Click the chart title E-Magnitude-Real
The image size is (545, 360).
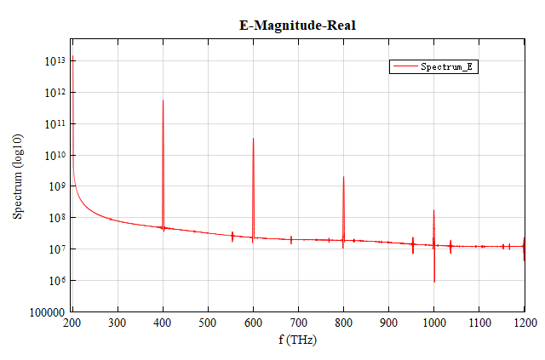[x=296, y=25]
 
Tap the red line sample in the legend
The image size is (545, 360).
[x=404, y=66]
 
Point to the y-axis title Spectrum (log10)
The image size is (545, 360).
[x=18, y=177]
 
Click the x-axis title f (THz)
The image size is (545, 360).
[x=298, y=339]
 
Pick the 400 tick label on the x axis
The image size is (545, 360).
[x=163, y=323]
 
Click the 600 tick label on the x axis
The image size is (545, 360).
[x=253, y=323]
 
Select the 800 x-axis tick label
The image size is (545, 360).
[x=343, y=323]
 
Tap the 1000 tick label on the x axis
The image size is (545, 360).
[x=433, y=323]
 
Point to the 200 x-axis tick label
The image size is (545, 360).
[x=73, y=323]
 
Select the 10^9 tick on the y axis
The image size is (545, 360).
[x=56, y=186]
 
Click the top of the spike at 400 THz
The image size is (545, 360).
[x=163, y=100]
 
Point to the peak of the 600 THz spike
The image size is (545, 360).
[x=253, y=138]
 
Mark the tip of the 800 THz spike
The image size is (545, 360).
[x=343, y=176]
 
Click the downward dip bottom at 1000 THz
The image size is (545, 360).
[x=434, y=282]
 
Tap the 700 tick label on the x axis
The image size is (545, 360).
[x=298, y=323]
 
